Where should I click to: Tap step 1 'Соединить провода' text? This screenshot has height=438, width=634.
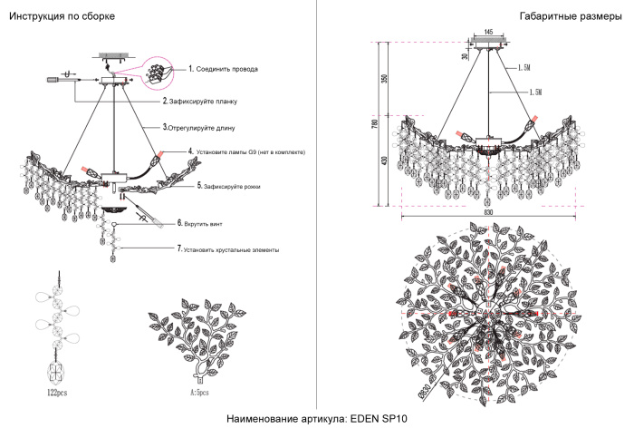point(226,69)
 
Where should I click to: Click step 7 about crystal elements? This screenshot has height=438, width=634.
point(230,248)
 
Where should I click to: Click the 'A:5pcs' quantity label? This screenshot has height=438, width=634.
point(198,394)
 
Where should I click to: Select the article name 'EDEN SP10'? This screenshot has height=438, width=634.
point(319,420)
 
